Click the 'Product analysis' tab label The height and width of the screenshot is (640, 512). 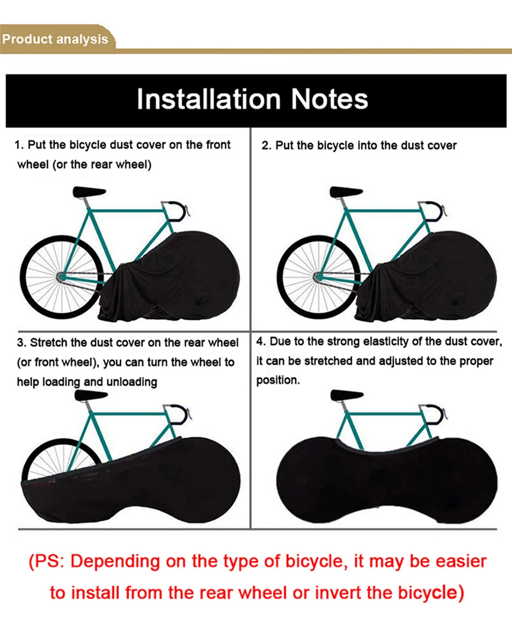click(55, 40)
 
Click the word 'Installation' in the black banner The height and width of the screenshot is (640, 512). click(208, 100)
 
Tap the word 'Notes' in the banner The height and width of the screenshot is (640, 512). click(329, 100)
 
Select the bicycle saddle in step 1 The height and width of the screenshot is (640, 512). click(89, 192)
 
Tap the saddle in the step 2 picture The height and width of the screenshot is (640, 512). click(346, 192)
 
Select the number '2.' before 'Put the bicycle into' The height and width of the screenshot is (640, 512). click(266, 145)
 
